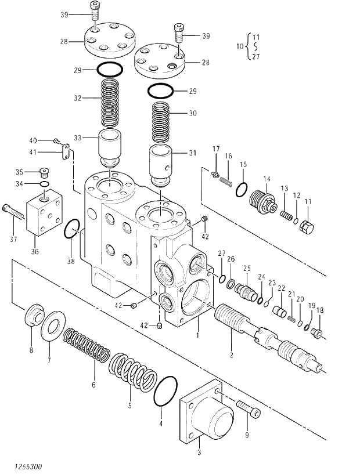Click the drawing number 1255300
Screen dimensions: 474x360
click(24, 466)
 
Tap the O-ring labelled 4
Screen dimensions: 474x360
click(166, 392)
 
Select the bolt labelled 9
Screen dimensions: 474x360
click(249, 409)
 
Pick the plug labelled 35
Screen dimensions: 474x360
click(44, 171)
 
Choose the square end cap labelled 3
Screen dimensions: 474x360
click(206, 414)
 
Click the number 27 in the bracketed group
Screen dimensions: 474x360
click(256, 57)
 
